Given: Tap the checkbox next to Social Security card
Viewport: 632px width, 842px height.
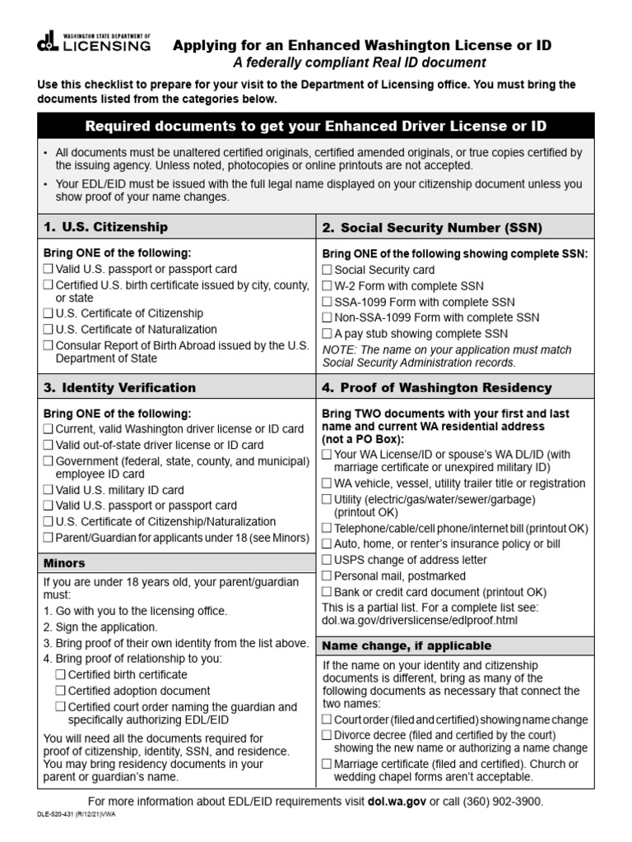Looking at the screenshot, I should tap(327, 270).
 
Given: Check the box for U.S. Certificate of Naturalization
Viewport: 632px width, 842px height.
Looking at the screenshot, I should tap(48, 330).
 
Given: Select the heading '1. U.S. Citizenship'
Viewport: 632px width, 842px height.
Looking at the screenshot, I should tap(106, 227).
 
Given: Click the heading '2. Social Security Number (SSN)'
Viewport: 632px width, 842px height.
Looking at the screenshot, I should tap(432, 228).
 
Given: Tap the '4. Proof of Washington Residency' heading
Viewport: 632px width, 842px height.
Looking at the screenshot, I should tap(437, 387).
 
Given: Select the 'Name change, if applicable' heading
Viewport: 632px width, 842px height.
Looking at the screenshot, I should tap(407, 645).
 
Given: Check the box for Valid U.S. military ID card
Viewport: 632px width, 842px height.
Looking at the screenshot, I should tap(48, 490).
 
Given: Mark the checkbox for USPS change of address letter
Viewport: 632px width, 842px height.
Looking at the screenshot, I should tap(327, 560).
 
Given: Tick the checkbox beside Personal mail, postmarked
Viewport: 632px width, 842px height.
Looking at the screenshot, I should tap(327, 576).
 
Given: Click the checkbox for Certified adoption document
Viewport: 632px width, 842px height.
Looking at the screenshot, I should tap(61, 691).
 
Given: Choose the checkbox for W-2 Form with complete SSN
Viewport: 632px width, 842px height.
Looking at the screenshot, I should tap(327, 286).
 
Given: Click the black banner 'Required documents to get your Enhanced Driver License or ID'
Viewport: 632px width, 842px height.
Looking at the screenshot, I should tap(316, 126).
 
